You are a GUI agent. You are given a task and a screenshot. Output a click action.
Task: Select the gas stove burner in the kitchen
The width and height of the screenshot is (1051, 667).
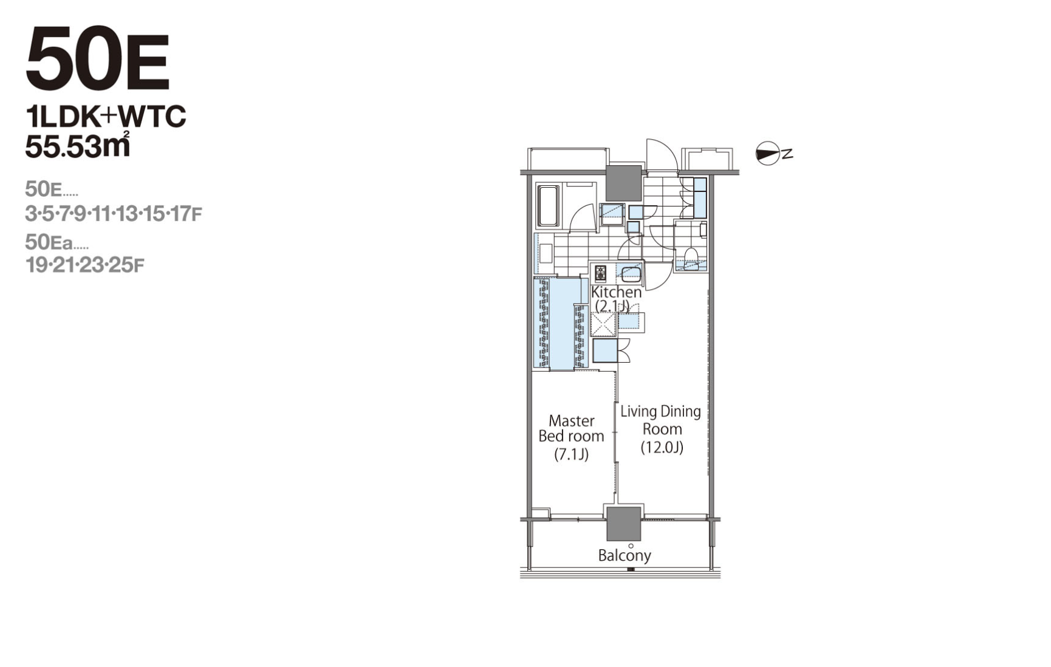click(600, 273)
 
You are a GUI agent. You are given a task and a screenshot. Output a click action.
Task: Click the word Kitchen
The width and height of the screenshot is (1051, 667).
click(616, 292)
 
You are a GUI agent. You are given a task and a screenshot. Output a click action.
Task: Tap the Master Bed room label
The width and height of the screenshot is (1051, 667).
click(571, 428)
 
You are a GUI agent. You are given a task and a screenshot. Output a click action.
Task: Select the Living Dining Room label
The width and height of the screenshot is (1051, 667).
click(661, 420)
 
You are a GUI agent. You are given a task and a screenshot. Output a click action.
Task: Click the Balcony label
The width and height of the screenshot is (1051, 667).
click(625, 555)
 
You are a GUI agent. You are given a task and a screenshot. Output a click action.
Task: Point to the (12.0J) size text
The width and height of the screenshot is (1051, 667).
click(662, 448)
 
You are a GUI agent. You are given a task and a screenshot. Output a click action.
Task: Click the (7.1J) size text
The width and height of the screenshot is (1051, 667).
click(571, 454)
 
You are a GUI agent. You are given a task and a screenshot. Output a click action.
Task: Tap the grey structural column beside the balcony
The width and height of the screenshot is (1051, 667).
click(624, 524)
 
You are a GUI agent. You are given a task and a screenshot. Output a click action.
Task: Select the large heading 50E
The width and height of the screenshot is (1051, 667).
click(97, 60)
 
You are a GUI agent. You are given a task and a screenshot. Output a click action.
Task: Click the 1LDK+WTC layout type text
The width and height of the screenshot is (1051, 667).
click(106, 117)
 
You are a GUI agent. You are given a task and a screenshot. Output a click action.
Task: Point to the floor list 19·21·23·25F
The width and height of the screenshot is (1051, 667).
click(85, 265)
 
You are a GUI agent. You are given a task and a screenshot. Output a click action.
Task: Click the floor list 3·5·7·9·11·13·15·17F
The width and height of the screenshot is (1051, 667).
click(114, 214)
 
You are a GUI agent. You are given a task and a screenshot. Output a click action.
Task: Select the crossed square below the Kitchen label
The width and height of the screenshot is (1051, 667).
click(604, 324)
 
